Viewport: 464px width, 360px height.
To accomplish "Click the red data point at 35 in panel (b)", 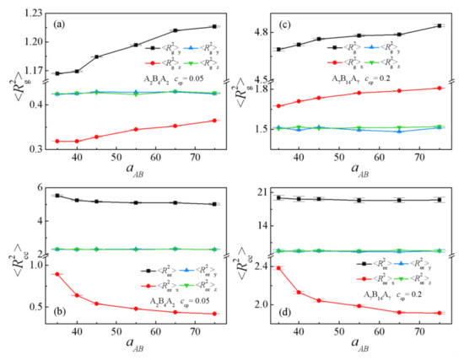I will (57, 274).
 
